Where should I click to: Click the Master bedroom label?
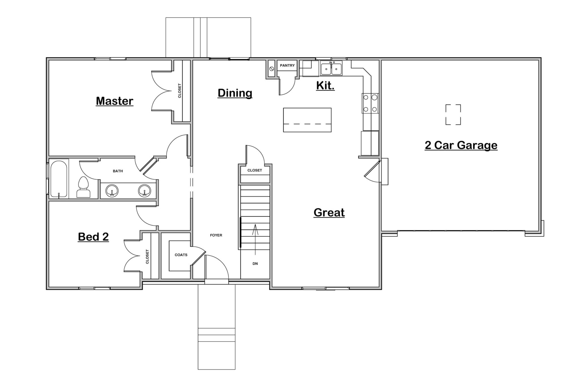[114, 101]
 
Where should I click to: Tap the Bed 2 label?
[93, 237]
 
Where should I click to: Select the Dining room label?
[235, 93]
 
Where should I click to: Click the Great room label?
[329, 212]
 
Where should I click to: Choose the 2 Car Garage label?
[461, 145]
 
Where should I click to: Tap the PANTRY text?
[287, 65]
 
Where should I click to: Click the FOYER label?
[216, 235]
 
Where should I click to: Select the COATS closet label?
[181, 255]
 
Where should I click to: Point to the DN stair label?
[255, 264]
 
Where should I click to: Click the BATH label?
[118, 171]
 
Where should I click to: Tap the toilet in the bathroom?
[83, 187]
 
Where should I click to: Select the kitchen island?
[307, 120]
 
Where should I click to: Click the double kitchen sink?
[331, 68]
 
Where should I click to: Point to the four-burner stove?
[370, 103]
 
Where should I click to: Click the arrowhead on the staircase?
[255, 226]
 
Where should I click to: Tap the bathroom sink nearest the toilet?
[112, 191]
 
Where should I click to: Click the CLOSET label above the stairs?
[255, 171]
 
